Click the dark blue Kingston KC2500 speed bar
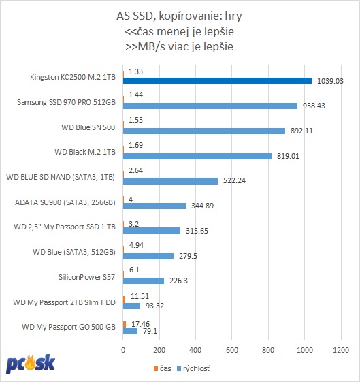(217, 81)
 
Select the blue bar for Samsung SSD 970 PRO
(210, 106)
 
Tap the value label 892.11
(301, 131)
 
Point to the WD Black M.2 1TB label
(85, 152)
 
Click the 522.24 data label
(234, 180)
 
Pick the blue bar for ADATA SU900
(154, 206)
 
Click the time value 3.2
(133, 224)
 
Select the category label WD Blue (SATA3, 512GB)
(74, 252)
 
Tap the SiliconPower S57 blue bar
(144, 281)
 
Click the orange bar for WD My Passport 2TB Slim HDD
(124, 300)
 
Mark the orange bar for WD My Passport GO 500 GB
(125, 325)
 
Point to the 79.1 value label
(150, 331)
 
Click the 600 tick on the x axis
(232, 350)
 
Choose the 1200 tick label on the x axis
(341, 350)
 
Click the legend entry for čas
(163, 368)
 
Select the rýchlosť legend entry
(193, 368)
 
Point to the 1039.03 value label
(330, 81)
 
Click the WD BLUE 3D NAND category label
(61, 177)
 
